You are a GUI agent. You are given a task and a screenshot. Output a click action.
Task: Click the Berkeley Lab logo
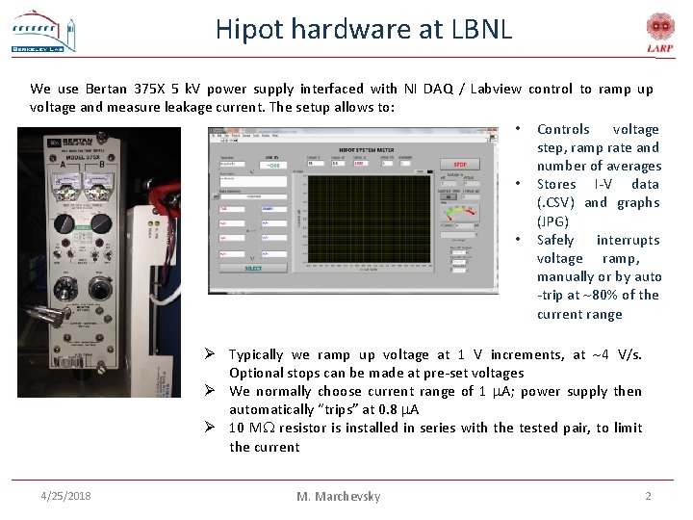click(43, 32)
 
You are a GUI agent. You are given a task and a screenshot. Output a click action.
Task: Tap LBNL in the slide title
click(481, 30)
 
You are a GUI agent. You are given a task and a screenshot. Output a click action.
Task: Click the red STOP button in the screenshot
click(466, 165)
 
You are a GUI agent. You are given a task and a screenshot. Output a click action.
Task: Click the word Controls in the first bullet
click(563, 129)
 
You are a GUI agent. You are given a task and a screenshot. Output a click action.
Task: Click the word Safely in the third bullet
click(555, 240)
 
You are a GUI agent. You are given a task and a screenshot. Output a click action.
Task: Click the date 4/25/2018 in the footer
click(66, 496)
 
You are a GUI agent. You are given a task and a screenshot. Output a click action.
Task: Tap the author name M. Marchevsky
click(338, 497)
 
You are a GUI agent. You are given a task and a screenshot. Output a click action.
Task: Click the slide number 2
click(648, 496)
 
